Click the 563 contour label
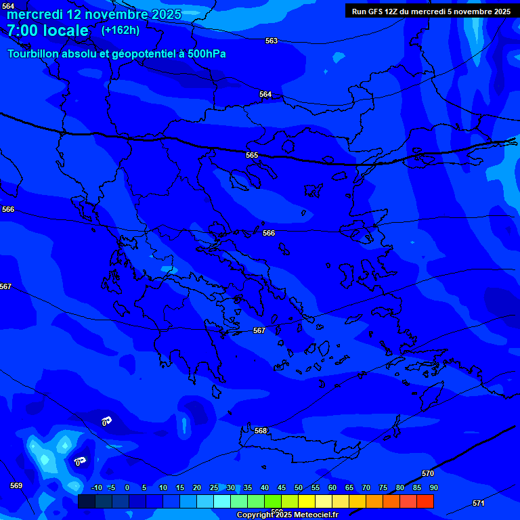(x=272, y=41)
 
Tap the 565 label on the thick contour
(x=252, y=155)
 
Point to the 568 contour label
(x=261, y=431)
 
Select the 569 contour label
(x=16, y=485)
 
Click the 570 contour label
(x=428, y=473)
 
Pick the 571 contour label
(x=479, y=503)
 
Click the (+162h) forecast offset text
(x=121, y=30)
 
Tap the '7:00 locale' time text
(x=47, y=30)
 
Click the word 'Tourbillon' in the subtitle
(x=35, y=54)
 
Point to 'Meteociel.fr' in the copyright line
(x=311, y=515)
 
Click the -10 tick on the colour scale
(x=96, y=488)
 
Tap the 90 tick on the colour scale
(x=433, y=488)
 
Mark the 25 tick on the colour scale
(x=214, y=488)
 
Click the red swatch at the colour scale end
(x=425, y=501)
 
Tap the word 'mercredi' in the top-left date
(x=34, y=14)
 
